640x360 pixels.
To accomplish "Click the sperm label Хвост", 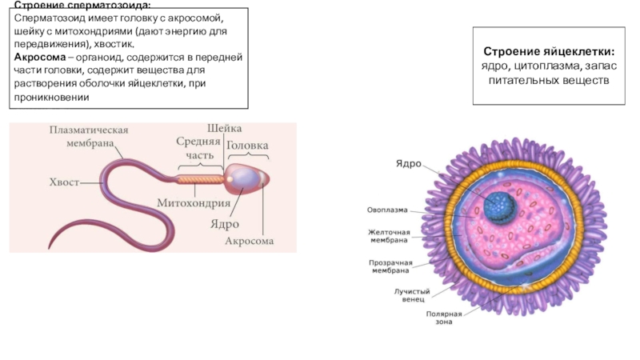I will [x=64, y=182].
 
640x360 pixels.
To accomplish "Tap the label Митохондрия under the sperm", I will [x=194, y=202].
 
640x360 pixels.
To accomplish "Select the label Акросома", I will [x=249, y=240].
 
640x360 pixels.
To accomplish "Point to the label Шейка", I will [x=224, y=129].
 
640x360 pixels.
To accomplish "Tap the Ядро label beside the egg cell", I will [x=409, y=163].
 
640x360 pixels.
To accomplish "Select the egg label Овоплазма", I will [x=387, y=210].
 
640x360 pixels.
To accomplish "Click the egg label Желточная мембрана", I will [x=389, y=235].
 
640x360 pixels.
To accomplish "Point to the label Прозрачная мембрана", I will [x=390, y=266].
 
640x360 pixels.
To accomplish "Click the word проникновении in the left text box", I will [x=50, y=97].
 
